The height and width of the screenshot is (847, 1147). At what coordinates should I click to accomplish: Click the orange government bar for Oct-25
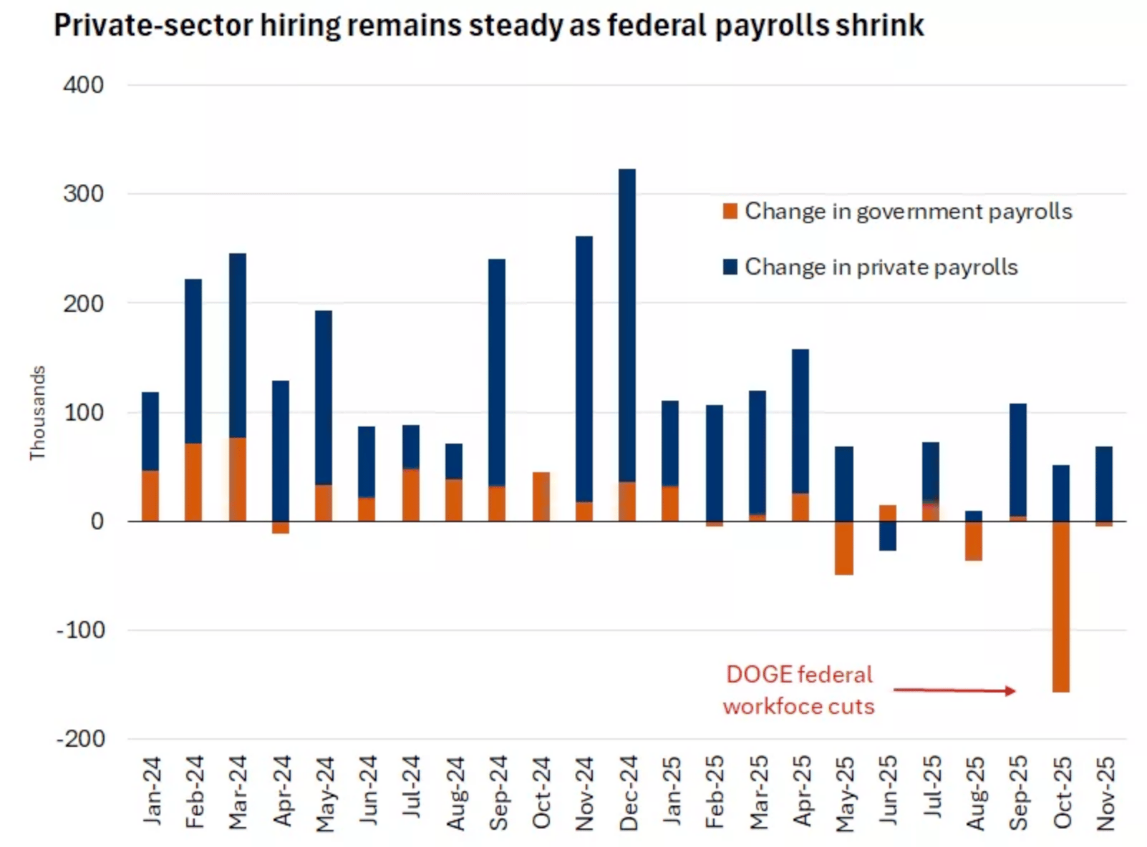pyautogui.click(x=1060, y=606)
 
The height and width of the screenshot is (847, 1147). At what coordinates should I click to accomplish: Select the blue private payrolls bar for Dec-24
pyautogui.click(x=627, y=325)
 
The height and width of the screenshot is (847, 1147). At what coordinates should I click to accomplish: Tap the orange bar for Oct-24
pyautogui.click(x=541, y=496)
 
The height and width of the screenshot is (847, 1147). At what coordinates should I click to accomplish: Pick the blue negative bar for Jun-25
pyautogui.click(x=888, y=536)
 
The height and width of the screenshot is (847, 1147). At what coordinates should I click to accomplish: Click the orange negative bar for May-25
pyautogui.click(x=844, y=548)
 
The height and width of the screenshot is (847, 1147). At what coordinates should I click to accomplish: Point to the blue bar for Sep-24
pyautogui.click(x=497, y=372)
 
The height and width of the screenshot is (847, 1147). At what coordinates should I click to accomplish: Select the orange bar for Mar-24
pyautogui.click(x=237, y=479)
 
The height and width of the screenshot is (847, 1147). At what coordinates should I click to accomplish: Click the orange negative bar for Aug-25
pyautogui.click(x=974, y=541)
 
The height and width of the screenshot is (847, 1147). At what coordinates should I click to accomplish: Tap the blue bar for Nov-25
pyautogui.click(x=1104, y=483)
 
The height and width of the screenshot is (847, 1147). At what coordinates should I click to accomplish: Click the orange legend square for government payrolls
pyautogui.click(x=730, y=211)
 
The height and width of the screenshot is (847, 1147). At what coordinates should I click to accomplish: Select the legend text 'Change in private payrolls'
pyautogui.click(x=881, y=267)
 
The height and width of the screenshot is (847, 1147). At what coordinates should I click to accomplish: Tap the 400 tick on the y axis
pyautogui.click(x=83, y=85)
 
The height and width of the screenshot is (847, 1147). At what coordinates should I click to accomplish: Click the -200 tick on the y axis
pyautogui.click(x=81, y=738)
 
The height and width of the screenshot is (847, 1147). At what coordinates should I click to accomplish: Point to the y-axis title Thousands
pyautogui.click(x=37, y=413)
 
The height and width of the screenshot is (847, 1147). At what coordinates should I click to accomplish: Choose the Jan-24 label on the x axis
pyautogui.click(x=152, y=790)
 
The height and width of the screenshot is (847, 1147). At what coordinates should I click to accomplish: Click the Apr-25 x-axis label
pyautogui.click(x=802, y=790)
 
